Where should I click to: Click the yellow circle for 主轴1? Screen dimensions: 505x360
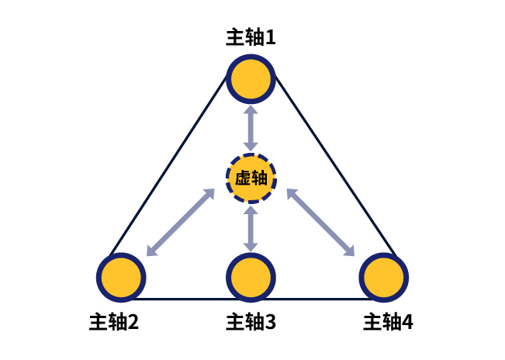click(x=251, y=79)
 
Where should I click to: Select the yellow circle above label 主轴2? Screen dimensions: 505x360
click(x=122, y=276)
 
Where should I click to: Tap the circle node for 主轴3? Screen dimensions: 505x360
click(x=251, y=276)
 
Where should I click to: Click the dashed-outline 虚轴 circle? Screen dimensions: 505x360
click(x=251, y=178)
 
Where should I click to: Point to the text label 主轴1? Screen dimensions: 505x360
click(x=251, y=37)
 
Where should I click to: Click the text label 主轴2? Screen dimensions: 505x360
click(x=114, y=321)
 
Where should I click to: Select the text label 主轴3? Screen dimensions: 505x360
click(x=251, y=321)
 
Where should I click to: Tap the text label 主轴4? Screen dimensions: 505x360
click(x=388, y=321)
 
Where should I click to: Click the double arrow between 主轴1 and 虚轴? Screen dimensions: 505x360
click(x=251, y=128)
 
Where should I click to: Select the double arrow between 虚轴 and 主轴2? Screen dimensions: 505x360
click(x=181, y=222)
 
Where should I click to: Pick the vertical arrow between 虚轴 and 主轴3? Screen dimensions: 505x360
click(x=251, y=227)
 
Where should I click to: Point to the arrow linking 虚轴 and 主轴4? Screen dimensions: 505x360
click(x=320, y=222)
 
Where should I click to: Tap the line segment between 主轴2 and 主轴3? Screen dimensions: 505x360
click(x=186, y=299)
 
